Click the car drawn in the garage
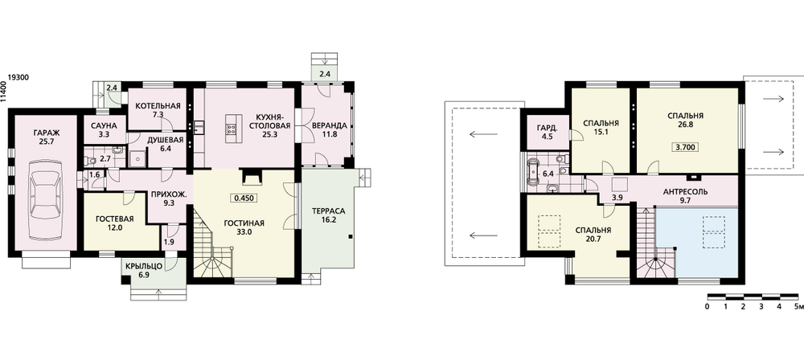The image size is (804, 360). coord(46,200)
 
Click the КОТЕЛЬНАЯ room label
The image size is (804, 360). coord(158,106)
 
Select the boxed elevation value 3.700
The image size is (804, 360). coord(685,147)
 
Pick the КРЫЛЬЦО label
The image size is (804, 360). coord(144,266)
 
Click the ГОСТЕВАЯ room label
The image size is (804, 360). coord(115,219)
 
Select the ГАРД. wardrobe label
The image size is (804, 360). coord(545,128)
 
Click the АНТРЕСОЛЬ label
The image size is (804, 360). coord(686,192)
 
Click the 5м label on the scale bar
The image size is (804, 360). coord(798,307)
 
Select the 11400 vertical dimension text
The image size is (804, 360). coord(4,92)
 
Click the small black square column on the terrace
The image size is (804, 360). coord(351,237)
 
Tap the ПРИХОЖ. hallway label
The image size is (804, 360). coord(165,194)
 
